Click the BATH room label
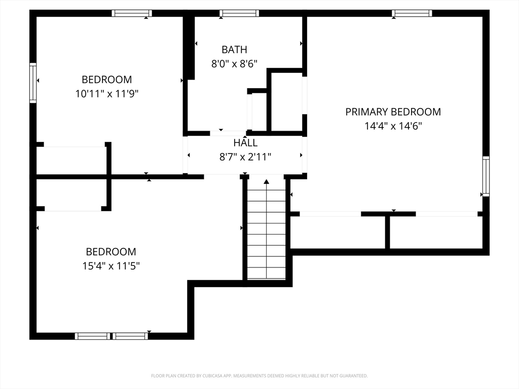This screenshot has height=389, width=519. pyautogui.click(x=234, y=50)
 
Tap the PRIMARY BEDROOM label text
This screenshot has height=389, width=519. pyautogui.click(x=393, y=112)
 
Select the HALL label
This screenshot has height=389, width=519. pyautogui.click(x=245, y=143)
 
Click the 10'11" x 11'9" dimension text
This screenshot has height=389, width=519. pyautogui.click(x=106, y=94)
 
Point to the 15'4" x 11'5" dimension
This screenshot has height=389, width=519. pyautogui.click(x=111, y=266)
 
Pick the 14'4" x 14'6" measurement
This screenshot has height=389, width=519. pyautogui.click(x=393, y=126)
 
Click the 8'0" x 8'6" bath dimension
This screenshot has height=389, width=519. pyautogui.click(x=234, y=64)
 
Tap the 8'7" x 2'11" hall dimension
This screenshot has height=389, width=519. pyautogui.click(x=245, y=157)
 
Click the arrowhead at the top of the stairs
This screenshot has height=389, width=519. pyautogui.click(x=267, y=181)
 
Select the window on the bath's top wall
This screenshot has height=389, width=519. pyautogui.click(x=239, y=13)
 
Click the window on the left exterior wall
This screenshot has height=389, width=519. pyautogui.click(x=33, y=83)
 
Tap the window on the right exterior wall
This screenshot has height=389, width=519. pyautogui.click(x=486, y=176)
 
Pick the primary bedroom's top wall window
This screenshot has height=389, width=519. pyautogui.click(x=412, y=13)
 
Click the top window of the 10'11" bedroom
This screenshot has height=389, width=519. pyautogui.click(x=132, y=13)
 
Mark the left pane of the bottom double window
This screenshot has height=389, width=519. pyautogui.click(x=92, y=336)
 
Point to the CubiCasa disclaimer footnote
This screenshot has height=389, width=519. pyautogui.click(x=259, y=376)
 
